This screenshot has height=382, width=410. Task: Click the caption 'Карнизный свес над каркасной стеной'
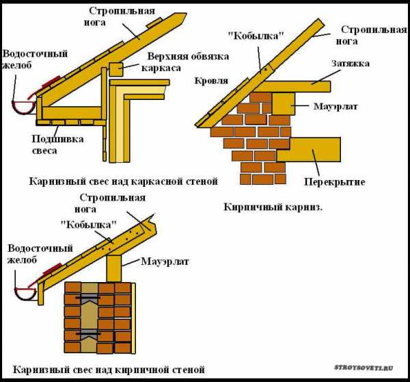coord(123,181)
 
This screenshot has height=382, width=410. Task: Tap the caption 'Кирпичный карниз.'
coord(273,206)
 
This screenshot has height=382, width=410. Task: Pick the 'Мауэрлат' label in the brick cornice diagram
coord(333,107)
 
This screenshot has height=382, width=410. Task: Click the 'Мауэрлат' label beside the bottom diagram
coord(165,261)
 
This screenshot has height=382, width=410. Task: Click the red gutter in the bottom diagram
coord(26,292)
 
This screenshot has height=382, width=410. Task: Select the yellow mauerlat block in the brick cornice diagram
coord(284,103)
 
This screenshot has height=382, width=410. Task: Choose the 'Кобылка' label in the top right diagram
coord(260,37)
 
